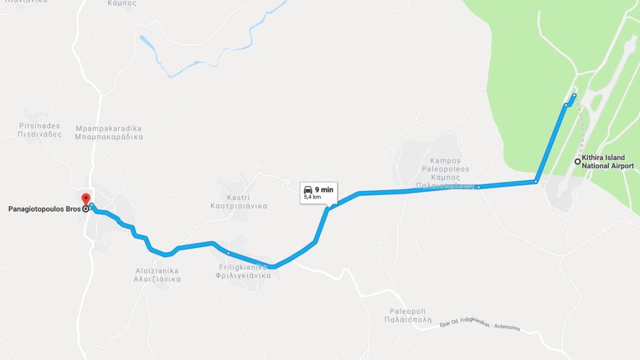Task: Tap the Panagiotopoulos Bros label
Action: click(x=44, y=209)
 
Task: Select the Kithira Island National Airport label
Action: click(x=608, y=161)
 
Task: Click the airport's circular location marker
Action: click(x=577, y=161)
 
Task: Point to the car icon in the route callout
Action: click(x=308, y=190)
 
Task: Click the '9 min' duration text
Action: click(x=324, y=190)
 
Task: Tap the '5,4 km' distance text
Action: click(x=312, y=197)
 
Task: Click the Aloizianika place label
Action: click(x=157, y=274)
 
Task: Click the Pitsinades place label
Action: click(x=39, y=129)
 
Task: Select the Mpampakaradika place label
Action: click(x=109, y=132)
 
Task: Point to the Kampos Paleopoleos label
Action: click(x=446, y=173)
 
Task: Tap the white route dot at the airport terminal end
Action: click(x=574, y=95)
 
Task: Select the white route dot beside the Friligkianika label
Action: click(x=228, y=253)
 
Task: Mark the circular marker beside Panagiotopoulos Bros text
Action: click(x=85, y=209)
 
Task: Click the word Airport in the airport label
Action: click(x=621, y=166)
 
